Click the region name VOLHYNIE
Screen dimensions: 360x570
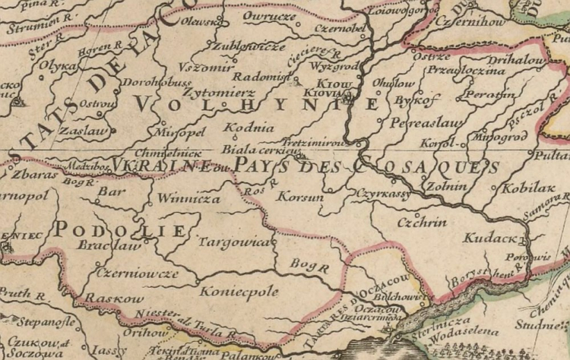tap(257, 104)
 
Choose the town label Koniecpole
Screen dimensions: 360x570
tap(239, 292)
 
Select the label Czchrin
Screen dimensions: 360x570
tap(421, 222)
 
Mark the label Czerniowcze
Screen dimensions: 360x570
tap(137, 273)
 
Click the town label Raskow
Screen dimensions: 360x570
tap(114, 299)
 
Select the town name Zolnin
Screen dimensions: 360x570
tap(441, 188)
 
